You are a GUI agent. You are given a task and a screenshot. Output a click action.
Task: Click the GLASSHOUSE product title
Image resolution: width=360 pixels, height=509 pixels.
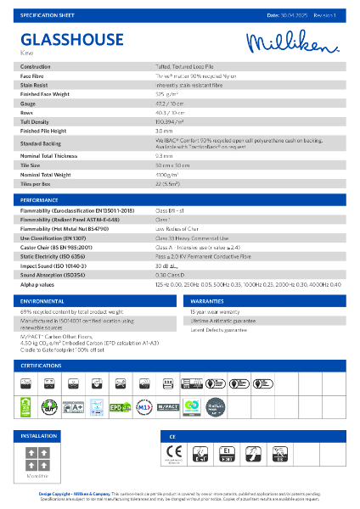tap(63, 39)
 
